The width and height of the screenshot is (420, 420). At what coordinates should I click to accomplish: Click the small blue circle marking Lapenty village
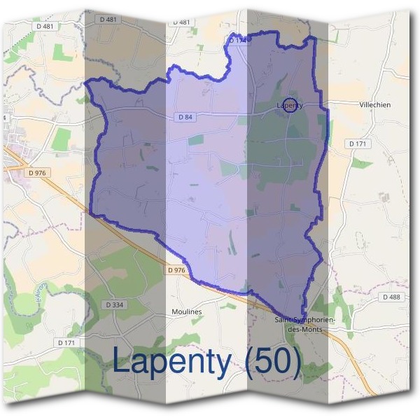(290, 104)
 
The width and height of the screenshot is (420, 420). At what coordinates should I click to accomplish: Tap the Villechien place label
(375, 104)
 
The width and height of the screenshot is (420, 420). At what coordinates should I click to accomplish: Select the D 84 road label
(185, 118)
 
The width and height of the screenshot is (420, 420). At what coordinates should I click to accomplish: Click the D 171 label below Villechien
(358, 143)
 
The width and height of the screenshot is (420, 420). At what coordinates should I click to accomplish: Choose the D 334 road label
(113, 304)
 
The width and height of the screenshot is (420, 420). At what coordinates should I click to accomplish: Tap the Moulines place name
(186, 311)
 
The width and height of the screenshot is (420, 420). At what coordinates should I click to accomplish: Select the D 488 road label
(392, 297)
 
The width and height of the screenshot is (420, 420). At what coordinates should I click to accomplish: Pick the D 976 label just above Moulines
(177, 269)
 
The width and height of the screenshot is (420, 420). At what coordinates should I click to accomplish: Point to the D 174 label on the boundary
(238, 41)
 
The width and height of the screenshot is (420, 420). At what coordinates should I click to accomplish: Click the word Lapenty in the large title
(172, 362)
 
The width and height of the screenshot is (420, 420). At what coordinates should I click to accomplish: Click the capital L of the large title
(121, 361)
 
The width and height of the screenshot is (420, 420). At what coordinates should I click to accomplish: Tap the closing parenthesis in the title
(296, 362)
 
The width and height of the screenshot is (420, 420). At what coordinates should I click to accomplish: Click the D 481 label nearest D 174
(181, 22)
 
